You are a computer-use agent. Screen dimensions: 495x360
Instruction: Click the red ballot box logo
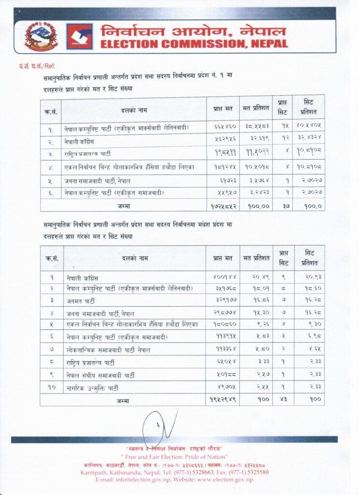(x=79, y=36)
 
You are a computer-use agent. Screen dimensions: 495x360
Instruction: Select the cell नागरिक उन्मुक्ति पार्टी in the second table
(x=92, y=388)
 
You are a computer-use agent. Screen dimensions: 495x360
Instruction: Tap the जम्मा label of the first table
(x=123, y=205)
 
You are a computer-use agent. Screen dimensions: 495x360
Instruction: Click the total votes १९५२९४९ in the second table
(x=222, y=400)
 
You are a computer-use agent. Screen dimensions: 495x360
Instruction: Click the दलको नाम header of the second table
(x=134, y=258)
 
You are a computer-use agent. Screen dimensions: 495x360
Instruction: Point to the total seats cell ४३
(x=283, y=400)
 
